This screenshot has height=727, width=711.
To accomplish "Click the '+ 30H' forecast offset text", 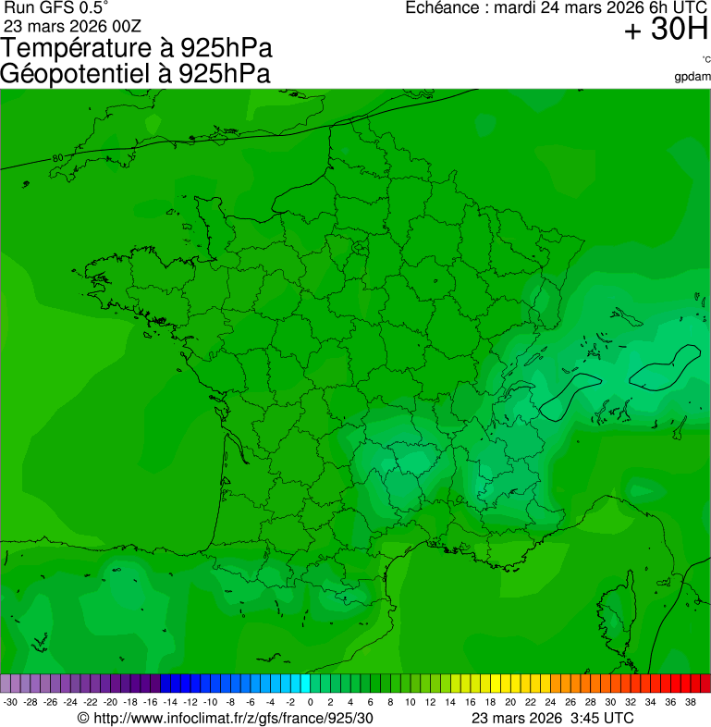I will click(666, 31).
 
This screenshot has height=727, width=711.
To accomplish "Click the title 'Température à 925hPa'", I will click(137, 48).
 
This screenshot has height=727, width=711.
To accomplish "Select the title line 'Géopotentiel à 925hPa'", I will click(135, 74).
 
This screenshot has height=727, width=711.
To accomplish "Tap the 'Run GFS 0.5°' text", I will click(56, 7).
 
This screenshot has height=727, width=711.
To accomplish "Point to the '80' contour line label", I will click(58, 159).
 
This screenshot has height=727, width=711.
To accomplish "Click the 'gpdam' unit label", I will click(693, 76).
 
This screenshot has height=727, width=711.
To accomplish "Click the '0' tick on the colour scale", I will click(310, 702).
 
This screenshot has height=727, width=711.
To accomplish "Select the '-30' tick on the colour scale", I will click(10, 702).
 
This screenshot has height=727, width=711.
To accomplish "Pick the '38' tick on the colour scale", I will click(690, 702).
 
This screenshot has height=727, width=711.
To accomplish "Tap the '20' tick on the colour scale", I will click(509, 702).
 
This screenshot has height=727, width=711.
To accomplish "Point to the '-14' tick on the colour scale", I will click(170, 702).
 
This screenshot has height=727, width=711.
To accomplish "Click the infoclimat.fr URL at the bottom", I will click(227, 718).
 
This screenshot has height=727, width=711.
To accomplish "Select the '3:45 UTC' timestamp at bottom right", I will click(603, 718).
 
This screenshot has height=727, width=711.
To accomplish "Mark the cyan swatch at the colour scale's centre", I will click(304, 684).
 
